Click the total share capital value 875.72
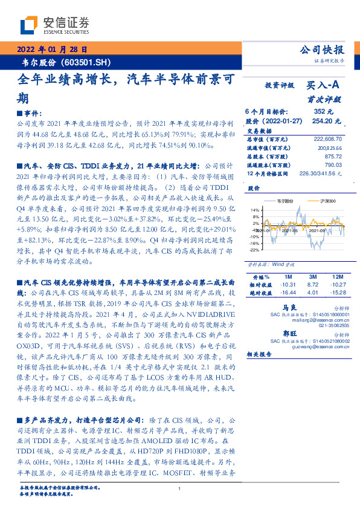[333, 155]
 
